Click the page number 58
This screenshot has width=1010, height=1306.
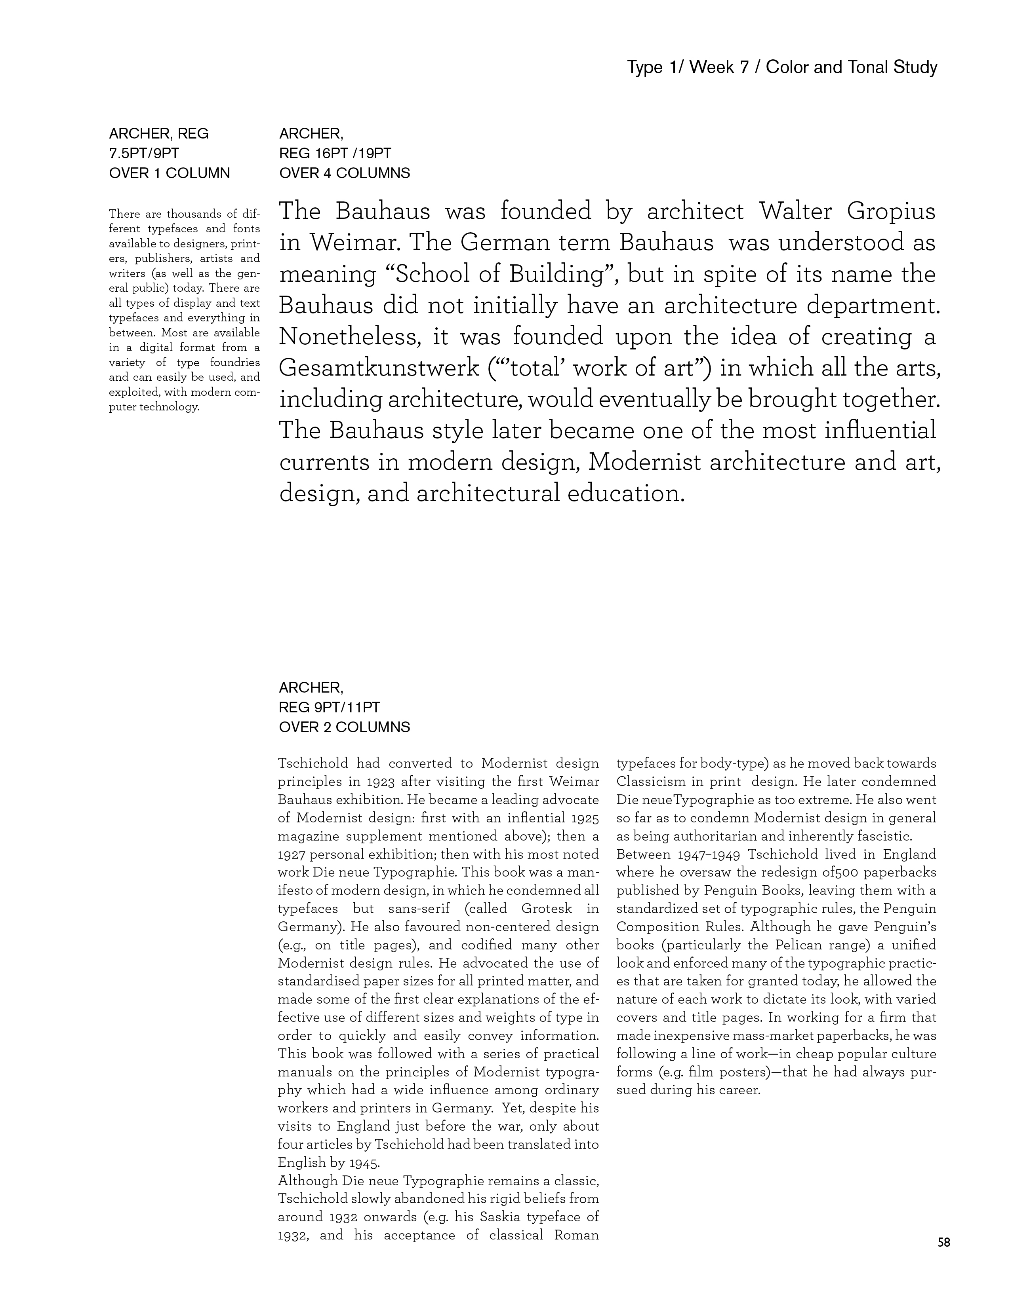(x=943, y=1242)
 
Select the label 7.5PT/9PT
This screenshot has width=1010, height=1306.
(x=144, y=154)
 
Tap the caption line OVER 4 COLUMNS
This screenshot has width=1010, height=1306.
(x=344, y=173)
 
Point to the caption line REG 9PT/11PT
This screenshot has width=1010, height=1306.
(x=329, y=708)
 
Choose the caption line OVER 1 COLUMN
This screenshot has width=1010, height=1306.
(x=170, y=173)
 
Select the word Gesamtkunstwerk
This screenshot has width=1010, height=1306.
(x=379, y=368)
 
